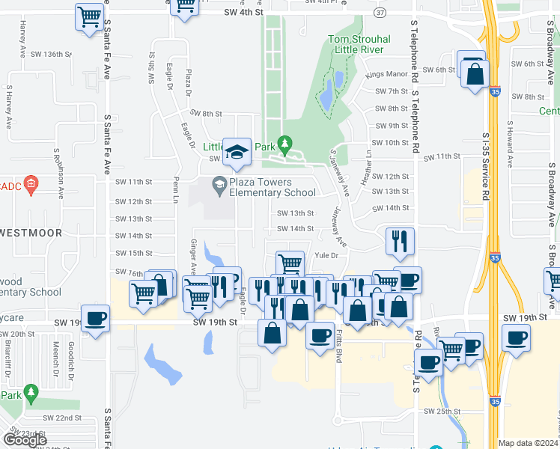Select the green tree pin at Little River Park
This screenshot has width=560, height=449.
pos(284,142)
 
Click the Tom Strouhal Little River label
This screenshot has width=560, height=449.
pos(356,44)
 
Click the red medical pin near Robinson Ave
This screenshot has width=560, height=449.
pos(31,183)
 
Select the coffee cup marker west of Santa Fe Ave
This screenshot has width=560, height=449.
pos(95,318)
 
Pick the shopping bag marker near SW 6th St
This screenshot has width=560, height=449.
pos(475,75)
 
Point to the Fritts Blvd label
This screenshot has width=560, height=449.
pos(338,347)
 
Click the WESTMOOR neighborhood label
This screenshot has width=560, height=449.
pos(31,233)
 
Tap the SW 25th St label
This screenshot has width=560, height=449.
pos(440,412)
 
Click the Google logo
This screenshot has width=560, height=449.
pos(25,440)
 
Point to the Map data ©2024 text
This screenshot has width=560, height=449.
pos(528,443)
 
